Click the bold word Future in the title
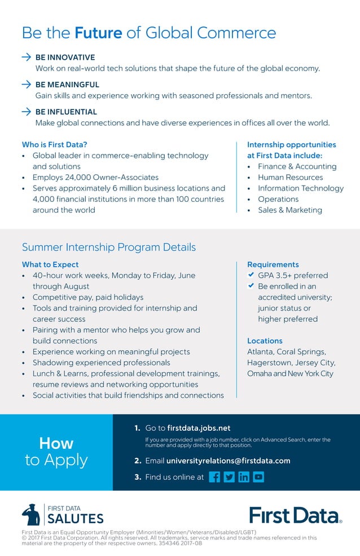point(98,33)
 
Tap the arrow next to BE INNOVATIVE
point(26,58)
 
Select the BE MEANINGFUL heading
point(67,85)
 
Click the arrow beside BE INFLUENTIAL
point(26,112)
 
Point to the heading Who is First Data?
point(54,144)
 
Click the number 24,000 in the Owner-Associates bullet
point(74,177)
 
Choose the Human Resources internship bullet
point(290,177)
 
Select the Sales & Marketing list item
point(290,210)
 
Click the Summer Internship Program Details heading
point(109,247)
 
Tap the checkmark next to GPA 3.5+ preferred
point(251,275)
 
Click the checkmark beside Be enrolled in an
point(251,286)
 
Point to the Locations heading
point(265,341)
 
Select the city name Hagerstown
point(269,363)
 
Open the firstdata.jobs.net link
point(199,428)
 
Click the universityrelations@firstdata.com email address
point(228,461)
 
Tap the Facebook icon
point(214,477)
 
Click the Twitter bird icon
point(229,477)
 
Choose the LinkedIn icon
point(244,477)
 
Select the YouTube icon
point(258,477)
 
